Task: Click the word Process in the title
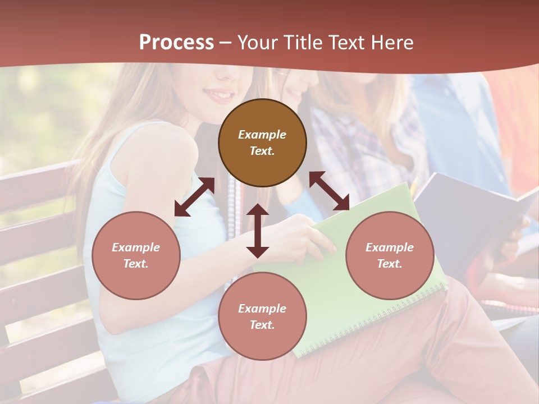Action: click(x=176, y=43)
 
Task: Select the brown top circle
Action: click(x=262, y=143)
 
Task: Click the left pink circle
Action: click(x=136, y=255)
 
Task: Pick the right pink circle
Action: click(x=390, y=255)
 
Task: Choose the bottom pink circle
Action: click(x=262, y=316)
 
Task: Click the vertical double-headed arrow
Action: click(x=258, y=231)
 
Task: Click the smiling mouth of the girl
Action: click(x=220, y=94)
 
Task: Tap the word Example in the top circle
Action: click(x=262, y=135)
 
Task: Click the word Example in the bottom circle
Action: click(x=262, y=308)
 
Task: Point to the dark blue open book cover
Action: click(x=466, y=213)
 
